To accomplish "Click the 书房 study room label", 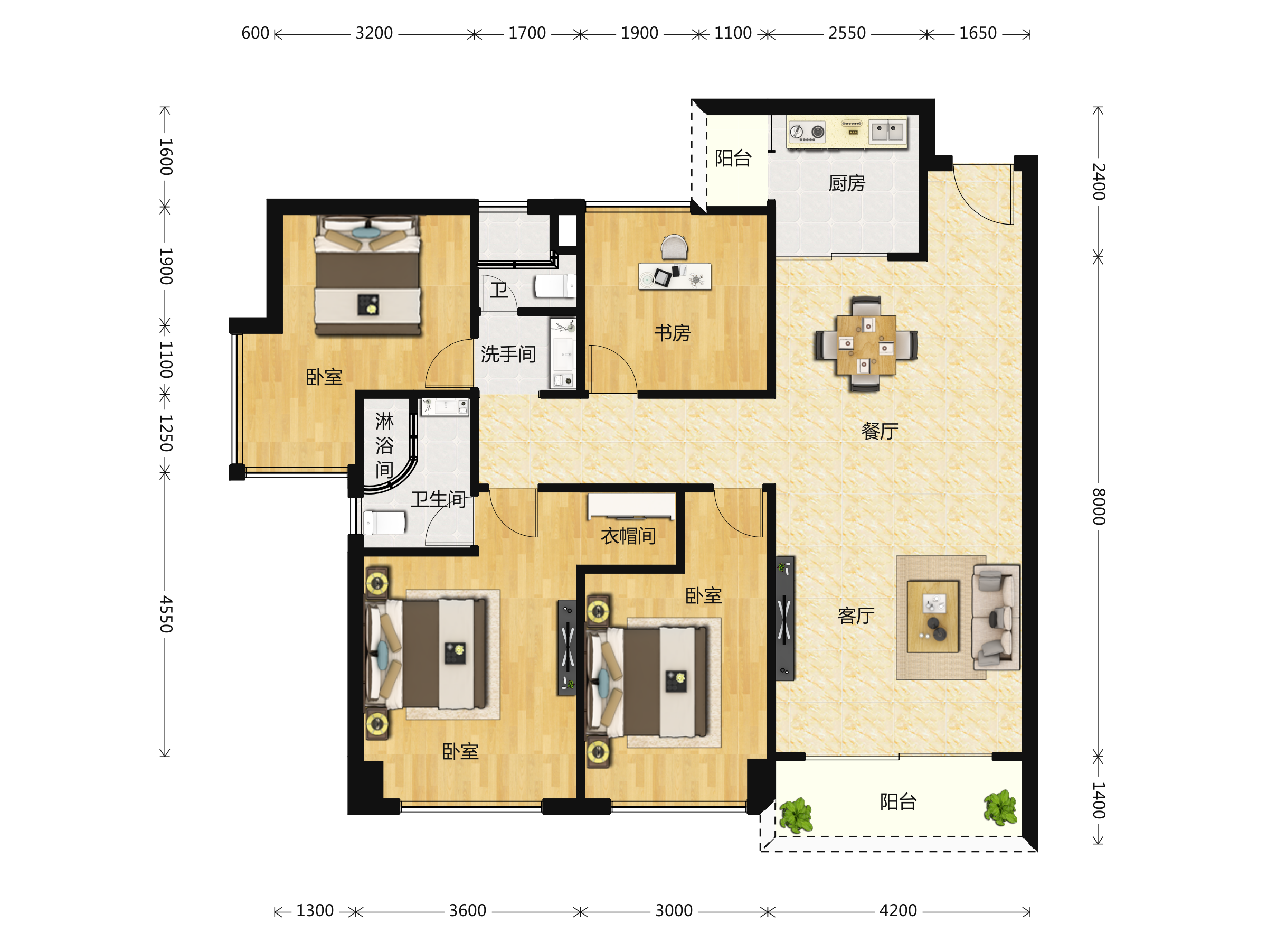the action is pos(673,333).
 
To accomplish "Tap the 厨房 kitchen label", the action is pos(847,183).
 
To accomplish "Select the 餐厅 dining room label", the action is pos(880,431).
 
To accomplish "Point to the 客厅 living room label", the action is pos(856,616).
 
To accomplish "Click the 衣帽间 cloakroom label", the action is pos(628,536).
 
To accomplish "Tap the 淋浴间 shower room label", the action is pos(384,445).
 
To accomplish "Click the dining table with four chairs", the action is pos(866,344).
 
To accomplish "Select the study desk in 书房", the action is pos(675,276).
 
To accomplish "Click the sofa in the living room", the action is pos(996,617).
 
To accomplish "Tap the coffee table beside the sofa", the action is pos(932,616).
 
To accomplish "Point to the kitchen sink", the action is pos(887,131).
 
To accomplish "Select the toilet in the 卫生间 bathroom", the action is pos(384,523).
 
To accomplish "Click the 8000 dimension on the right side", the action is pos(1098,507).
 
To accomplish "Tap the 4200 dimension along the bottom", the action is pos(898,910).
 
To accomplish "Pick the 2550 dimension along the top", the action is pos(847,33).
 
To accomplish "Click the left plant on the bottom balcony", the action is pos(796,815).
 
